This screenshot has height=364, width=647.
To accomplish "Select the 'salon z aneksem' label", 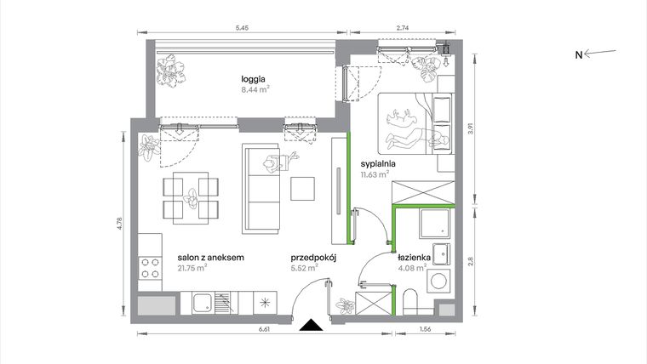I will (x=211, y=256).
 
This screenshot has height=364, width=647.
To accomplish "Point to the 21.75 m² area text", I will (x=192, y=267).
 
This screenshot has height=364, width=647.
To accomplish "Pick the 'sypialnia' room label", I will (x=379, y=165).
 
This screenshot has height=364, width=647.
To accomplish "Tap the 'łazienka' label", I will (x=415, y=256).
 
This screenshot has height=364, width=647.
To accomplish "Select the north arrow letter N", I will (x=577, y=55).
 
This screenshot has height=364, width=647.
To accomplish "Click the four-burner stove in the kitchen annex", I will (x=150, y=268).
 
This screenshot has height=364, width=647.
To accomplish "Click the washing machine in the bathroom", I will (x=440, y=281).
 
